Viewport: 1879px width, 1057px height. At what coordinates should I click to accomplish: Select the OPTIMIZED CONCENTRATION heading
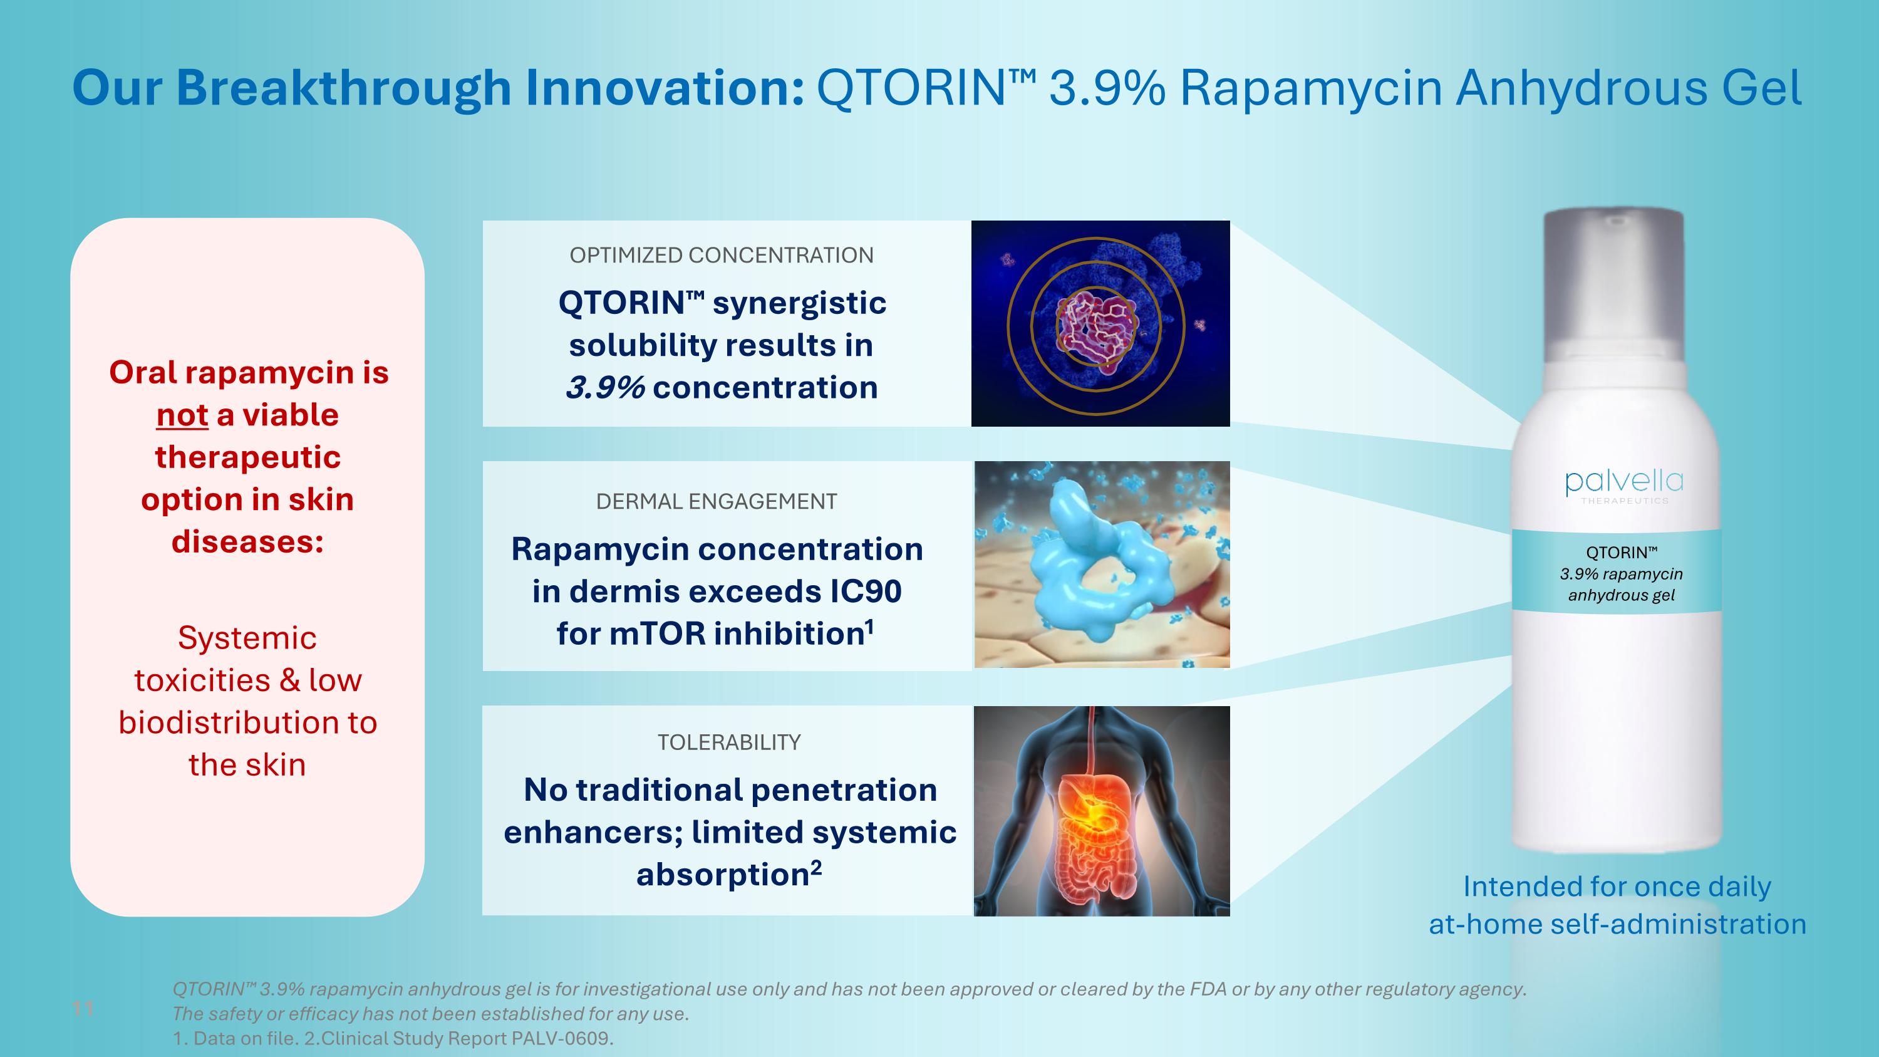coord(721,255)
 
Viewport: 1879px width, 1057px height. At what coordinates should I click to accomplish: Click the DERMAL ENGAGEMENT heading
coord(717,502)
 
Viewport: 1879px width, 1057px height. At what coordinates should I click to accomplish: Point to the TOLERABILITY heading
coord(728,742)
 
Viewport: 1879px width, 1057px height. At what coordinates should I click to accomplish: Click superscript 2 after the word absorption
coord(815,867)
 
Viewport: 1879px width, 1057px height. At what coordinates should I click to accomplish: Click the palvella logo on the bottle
coord(1623,483)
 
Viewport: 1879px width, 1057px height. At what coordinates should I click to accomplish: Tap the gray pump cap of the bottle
coord(1613,284)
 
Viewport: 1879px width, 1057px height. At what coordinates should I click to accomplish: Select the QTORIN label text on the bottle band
coord(1621,553)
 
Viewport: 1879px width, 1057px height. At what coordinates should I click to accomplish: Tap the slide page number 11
coord(83,1009)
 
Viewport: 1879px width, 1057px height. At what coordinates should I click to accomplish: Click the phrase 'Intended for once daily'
coord(1617,887)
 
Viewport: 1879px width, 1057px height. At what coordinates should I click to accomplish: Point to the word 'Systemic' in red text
coord(247,638)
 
